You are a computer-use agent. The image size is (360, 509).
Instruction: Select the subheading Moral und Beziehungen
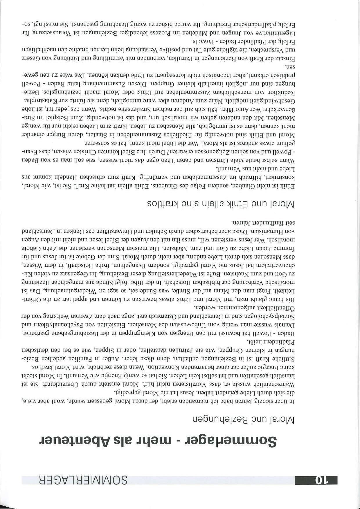tap(244, 420)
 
